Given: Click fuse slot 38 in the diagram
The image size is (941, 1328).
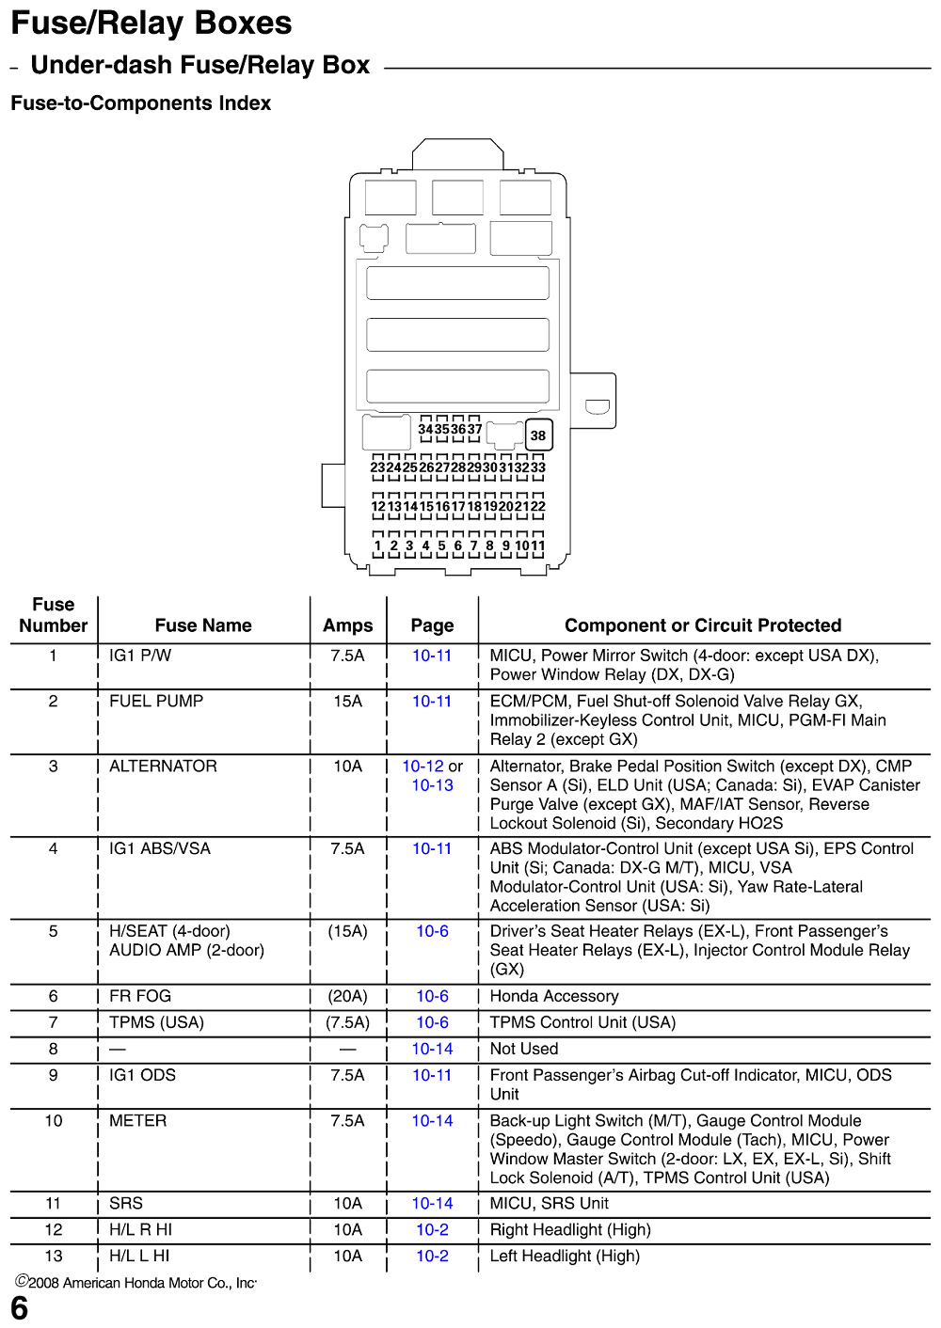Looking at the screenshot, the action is (538, 435).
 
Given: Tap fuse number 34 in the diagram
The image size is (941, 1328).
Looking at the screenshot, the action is (425, 429).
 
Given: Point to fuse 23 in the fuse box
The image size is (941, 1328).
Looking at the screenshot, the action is (377, 467).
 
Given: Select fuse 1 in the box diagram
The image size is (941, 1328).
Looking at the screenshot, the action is (377, 545).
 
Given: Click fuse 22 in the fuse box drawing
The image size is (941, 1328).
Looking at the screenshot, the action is (537, 506).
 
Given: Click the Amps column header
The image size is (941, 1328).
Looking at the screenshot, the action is (347, 625).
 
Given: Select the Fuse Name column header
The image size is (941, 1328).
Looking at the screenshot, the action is (203, 625).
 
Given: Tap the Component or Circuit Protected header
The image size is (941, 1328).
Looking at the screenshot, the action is (703, 625).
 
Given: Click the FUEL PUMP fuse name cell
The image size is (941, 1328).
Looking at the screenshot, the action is (156, 701).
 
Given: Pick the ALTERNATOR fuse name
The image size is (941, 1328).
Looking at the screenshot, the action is (163, 766).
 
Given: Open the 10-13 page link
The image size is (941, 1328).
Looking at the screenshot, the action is (433, 785).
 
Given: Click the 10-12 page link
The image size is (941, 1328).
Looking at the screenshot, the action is (423, 766).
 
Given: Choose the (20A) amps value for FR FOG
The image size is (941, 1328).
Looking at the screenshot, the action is (347, 996).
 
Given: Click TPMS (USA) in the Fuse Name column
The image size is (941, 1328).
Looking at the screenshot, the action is (156, 1022).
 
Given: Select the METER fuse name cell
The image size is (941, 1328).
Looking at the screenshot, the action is (137, 1120).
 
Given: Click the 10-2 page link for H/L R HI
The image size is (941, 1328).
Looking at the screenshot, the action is (433, 1229).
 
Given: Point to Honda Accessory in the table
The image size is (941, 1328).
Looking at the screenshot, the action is (554, 996).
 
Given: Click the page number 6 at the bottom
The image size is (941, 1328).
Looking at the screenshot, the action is (19, 1307).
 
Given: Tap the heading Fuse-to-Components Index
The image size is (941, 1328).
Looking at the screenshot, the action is (140, 103).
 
